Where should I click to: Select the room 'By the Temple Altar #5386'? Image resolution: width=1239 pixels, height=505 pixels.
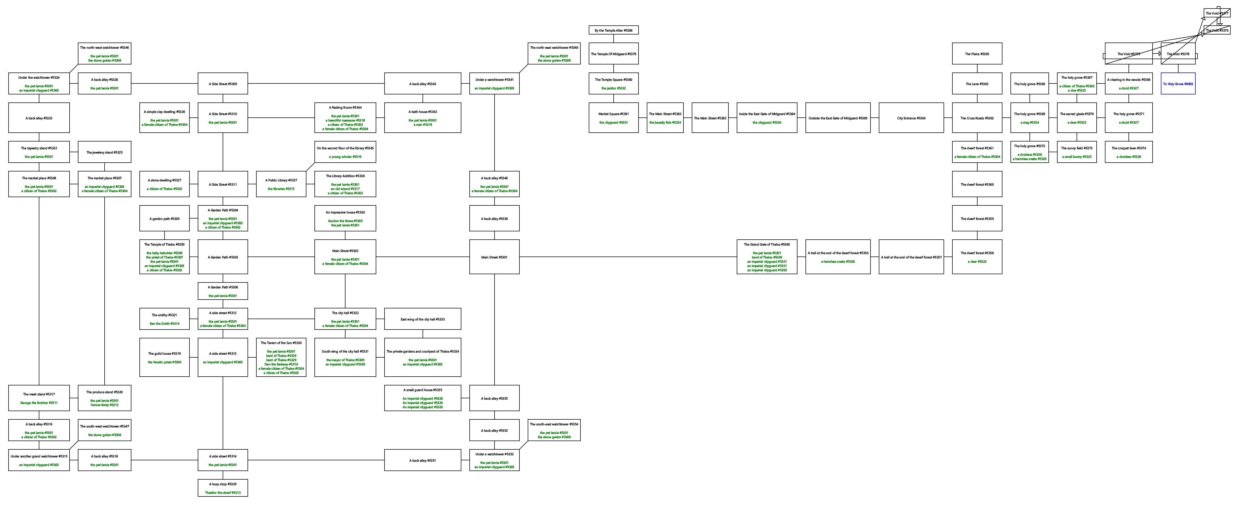tap(613, 30)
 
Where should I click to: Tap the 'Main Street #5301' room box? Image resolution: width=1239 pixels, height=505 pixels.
tap(494, 257)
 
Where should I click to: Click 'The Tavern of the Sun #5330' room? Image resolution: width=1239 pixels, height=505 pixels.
tap(281, 357)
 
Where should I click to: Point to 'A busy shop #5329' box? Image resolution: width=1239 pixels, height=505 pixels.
tap(223, 488)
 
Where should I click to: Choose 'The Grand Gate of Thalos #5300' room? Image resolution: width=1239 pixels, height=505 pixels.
tap(767, 257)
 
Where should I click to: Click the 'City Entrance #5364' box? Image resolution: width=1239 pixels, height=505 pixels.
tap(911, 118)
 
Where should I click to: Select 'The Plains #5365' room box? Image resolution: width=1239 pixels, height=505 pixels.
tap(977, 53)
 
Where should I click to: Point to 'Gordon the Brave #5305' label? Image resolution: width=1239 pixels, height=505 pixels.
tap(345, 221)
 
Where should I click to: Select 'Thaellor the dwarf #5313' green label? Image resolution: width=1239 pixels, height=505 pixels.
tap(223, 492)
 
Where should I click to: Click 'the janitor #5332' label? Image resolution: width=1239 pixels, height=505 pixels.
tap(613, 88)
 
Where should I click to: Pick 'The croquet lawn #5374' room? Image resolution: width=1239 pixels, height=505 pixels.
tap(1128, 152)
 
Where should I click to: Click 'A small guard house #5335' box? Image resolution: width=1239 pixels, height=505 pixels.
tap(422, 398)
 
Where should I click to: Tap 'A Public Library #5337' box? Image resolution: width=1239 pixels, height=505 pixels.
tap(281, 184)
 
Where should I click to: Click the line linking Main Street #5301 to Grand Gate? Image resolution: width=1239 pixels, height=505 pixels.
tap(625, 257)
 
